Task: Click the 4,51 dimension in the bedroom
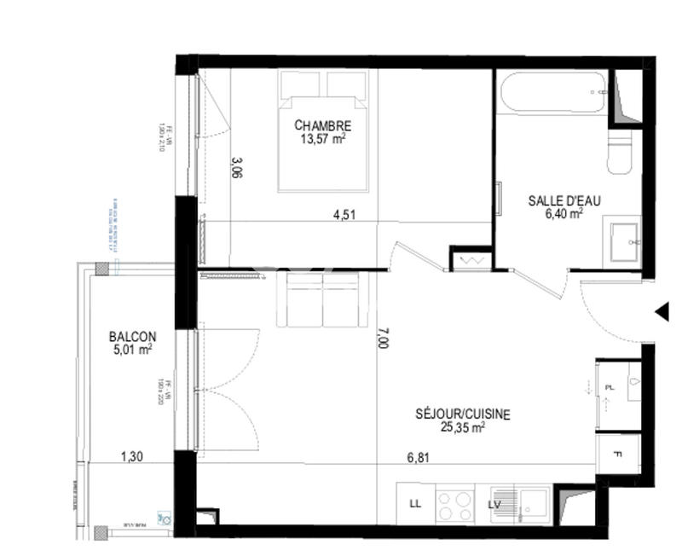[x=344, y=215]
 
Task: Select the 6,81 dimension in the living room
[x=418, y=457]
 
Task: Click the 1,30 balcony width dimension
[x=131, y=457]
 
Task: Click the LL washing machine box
[x=415, y=503]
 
